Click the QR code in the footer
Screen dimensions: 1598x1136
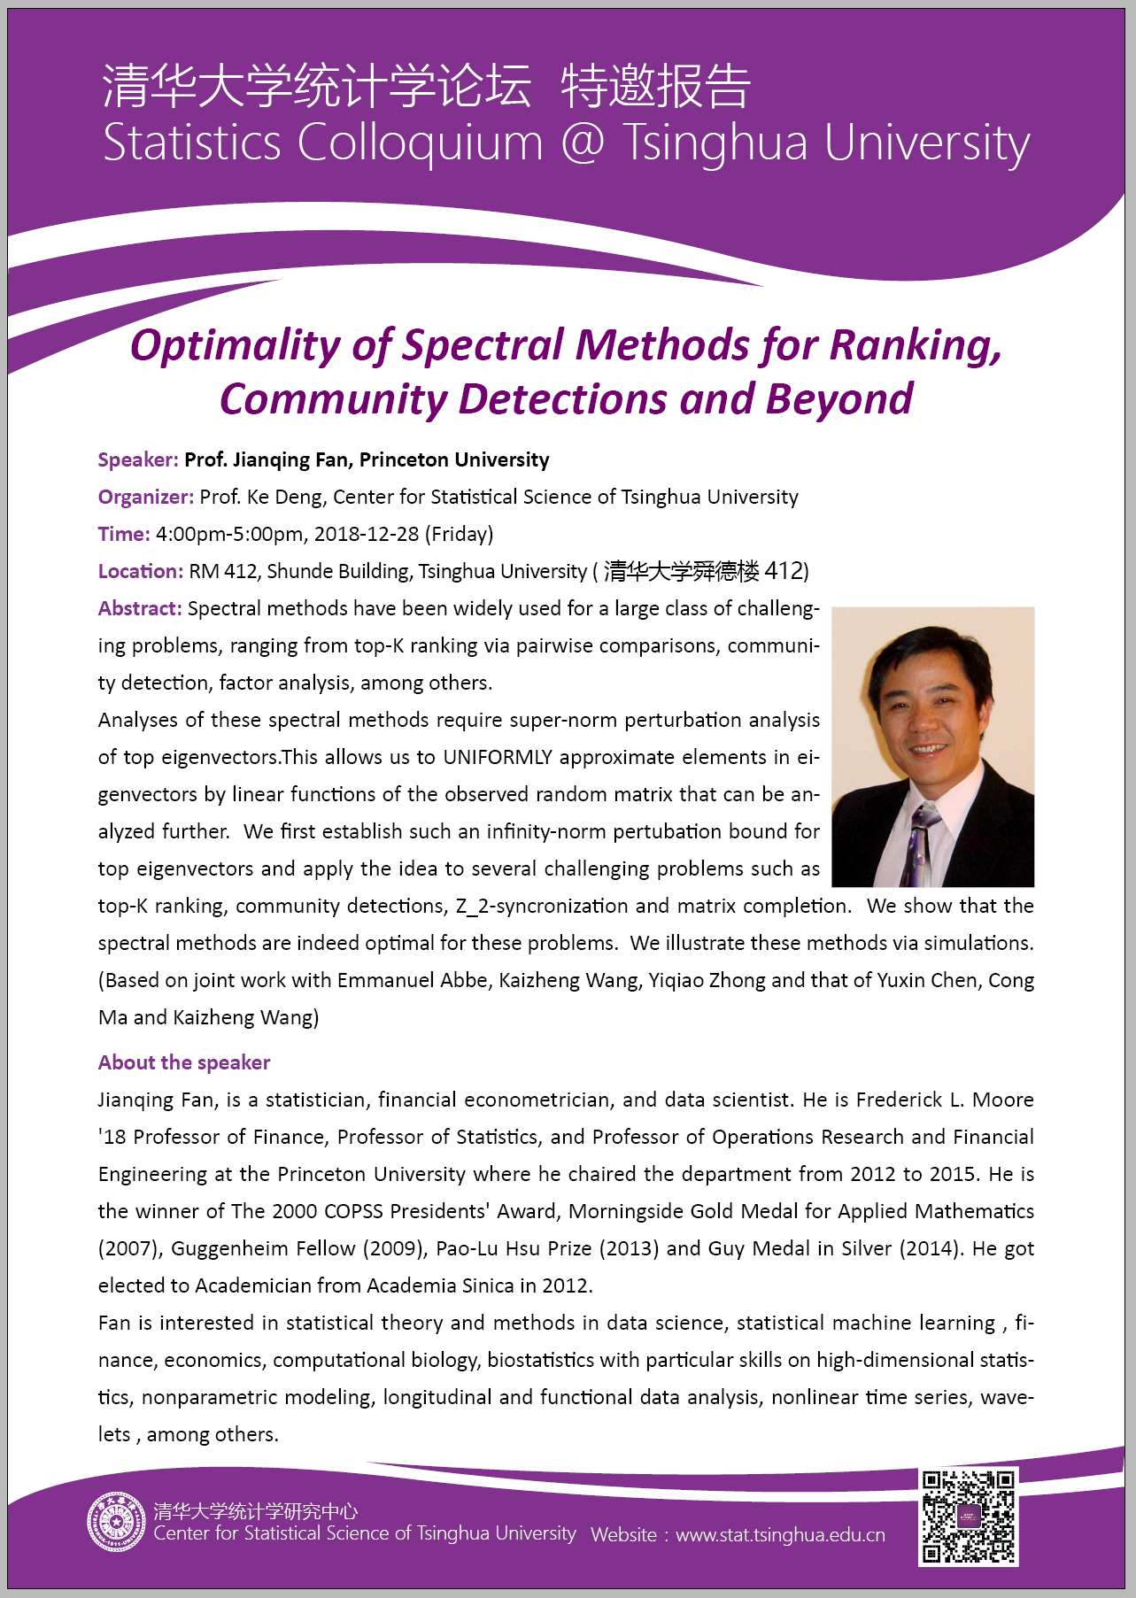[968, 1516]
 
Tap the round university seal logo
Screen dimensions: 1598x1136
[116, 1523]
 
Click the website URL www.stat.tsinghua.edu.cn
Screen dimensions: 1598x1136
[780, 1535]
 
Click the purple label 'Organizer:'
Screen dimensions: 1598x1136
[146, 498]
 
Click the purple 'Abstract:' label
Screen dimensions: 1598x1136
[140, 609]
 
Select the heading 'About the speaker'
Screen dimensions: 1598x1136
[184, 1062]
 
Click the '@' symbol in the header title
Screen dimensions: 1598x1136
[583, 143]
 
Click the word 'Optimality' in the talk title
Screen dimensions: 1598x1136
[235, 346]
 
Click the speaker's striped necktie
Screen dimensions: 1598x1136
[921, 845]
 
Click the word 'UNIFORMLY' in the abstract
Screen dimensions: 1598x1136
[497, 758]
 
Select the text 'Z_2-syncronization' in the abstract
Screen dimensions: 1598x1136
[543, 907]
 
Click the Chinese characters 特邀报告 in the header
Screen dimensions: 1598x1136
[656, 87]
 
